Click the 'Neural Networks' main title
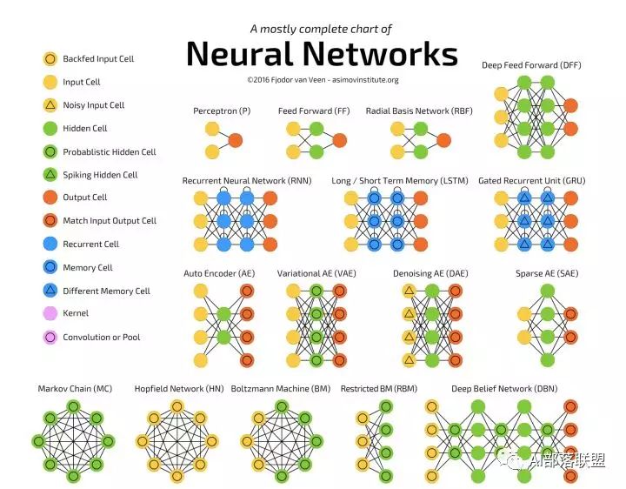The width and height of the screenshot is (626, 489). [322, 54]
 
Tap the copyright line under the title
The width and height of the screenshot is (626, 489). [322, 79]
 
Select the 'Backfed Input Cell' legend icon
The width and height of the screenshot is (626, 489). [50, 59]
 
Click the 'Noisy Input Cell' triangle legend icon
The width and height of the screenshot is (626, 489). [50, 105]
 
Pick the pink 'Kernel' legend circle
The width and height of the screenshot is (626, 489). [50, 313]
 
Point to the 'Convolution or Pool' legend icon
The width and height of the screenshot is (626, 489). [50, 337]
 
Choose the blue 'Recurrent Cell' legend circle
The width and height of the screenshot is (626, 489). [50, 244]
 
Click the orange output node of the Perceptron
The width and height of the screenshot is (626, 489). [235, 140]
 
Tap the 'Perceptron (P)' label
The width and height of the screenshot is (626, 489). [222, 111]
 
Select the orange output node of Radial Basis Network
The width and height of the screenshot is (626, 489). [444, 140]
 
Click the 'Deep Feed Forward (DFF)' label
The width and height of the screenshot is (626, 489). [532, 65]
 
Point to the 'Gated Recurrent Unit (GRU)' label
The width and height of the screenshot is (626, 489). [532, 181]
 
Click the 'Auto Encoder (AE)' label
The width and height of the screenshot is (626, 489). [219, 273]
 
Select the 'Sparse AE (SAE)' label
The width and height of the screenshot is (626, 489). [546, 273]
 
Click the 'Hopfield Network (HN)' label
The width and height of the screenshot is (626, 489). [179, 388]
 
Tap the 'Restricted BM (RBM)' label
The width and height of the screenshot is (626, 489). [378, 388]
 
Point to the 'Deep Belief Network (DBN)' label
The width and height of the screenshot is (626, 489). [504, 388]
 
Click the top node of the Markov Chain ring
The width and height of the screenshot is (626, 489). [74, 405]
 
